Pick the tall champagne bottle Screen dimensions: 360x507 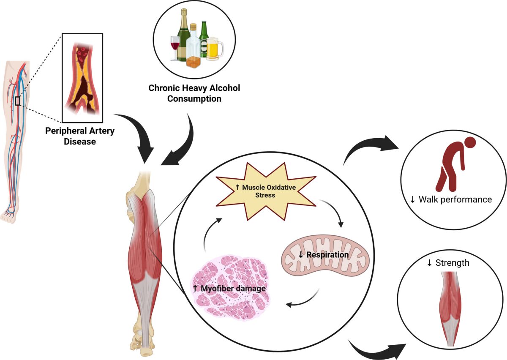pos(183,36)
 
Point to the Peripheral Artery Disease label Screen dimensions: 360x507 pos(80,136)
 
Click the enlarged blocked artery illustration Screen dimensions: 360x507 pos(83,78)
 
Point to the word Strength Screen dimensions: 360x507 pos(452,263)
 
